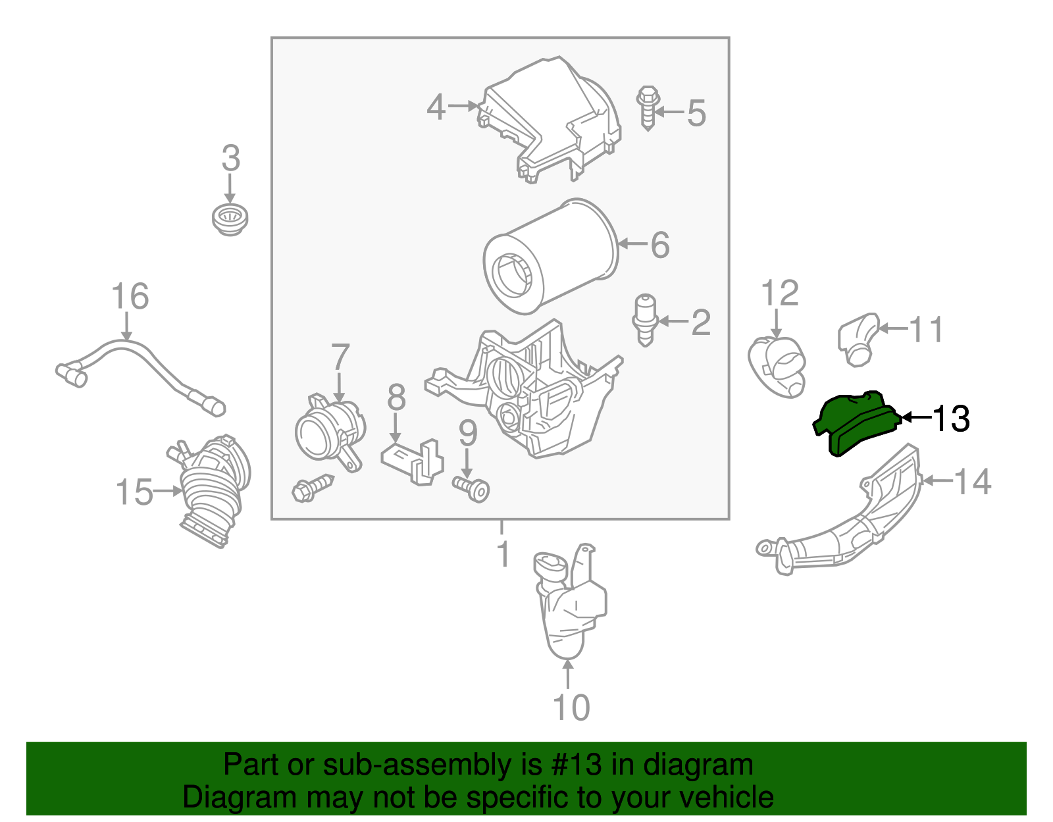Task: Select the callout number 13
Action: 951,419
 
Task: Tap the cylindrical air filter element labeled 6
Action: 551,256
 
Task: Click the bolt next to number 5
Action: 648,109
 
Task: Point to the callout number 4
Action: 436,107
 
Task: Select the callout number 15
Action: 134,492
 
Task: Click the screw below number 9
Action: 471,489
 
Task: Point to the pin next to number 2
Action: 644,320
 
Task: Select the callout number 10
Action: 571,707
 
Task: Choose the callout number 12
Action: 780,293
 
